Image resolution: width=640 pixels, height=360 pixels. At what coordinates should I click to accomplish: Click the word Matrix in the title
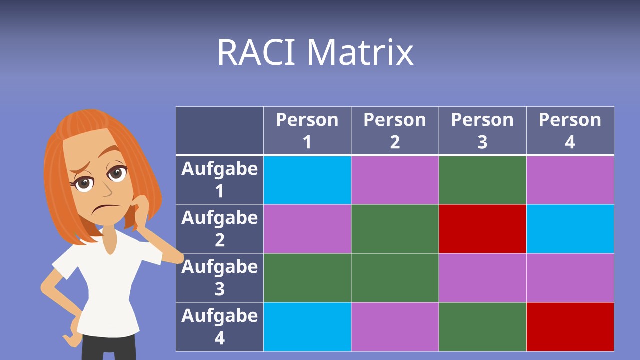360,52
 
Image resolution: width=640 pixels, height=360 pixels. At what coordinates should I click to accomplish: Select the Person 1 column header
307,131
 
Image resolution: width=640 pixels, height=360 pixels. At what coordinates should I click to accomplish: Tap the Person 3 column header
482,131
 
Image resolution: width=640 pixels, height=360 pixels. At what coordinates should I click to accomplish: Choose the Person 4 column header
570,131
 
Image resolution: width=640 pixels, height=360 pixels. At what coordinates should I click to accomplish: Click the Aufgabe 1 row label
220,180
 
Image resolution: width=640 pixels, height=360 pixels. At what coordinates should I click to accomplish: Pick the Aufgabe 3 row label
220,278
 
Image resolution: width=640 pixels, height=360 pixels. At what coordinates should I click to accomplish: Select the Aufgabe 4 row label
220,327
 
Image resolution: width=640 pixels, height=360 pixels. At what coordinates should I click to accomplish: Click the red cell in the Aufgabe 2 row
482,229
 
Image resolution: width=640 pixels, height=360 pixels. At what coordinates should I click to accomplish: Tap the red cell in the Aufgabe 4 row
570,327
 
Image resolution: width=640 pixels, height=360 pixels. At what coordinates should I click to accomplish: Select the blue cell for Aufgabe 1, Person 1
307,180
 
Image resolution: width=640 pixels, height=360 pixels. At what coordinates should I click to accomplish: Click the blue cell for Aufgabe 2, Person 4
570,229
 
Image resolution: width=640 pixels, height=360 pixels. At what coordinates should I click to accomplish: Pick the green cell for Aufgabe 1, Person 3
482,180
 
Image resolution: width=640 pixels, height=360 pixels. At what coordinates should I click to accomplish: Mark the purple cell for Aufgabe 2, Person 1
307,229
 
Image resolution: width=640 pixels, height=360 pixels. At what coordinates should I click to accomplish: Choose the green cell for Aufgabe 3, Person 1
307,278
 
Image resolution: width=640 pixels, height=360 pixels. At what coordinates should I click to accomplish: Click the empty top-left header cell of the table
220,131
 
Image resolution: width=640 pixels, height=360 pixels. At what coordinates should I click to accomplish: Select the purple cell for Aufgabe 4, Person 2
395,327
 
